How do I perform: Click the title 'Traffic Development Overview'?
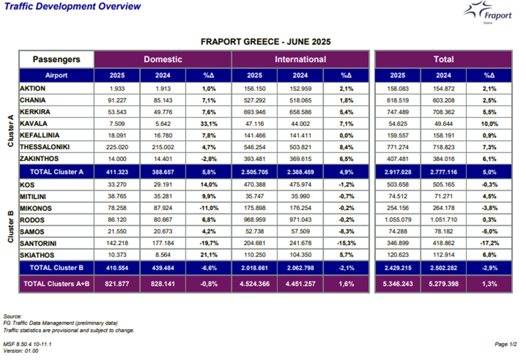[x=73, y=6]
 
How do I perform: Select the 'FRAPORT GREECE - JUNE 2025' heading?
[x=266, y=42]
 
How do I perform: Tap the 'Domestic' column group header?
[x=163, y=59]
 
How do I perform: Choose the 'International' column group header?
[x=300, y=59]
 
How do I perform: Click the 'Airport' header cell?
[x=56, y=75]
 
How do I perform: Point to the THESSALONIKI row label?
[x=45, y=147]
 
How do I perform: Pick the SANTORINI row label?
[x=38, y=243]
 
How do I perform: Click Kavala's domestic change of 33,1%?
[x=209, y=124]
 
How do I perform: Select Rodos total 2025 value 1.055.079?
[x=398, y=220]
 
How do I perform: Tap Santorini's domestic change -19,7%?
[x=209, y=243]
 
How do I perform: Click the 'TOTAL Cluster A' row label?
[x=56, y=172]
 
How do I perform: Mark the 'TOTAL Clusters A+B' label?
[x=56, y=284]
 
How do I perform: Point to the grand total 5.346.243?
[x=398, y=284]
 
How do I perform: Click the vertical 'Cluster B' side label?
[x=11, y=227]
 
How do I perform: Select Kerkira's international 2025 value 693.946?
[x=254, y=112]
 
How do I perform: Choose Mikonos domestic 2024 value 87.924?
[x=163, y=208]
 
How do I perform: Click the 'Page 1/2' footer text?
[x=506, y=344]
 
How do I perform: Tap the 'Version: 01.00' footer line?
[x=21, y=351]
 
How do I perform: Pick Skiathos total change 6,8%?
[x=489, y=255]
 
